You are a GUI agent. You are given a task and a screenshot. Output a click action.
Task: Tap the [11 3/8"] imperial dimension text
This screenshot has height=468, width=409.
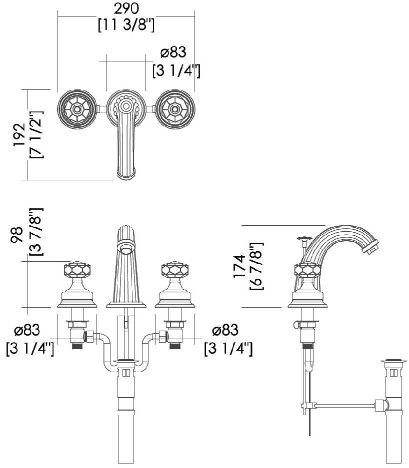[125, 24]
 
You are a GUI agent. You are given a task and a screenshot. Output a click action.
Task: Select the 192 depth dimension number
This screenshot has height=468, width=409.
[19, 134]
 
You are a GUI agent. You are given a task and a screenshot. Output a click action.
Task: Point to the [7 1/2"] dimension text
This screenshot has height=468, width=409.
[36, 134]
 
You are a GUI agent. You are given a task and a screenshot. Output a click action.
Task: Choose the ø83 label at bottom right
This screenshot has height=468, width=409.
[225, 330]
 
